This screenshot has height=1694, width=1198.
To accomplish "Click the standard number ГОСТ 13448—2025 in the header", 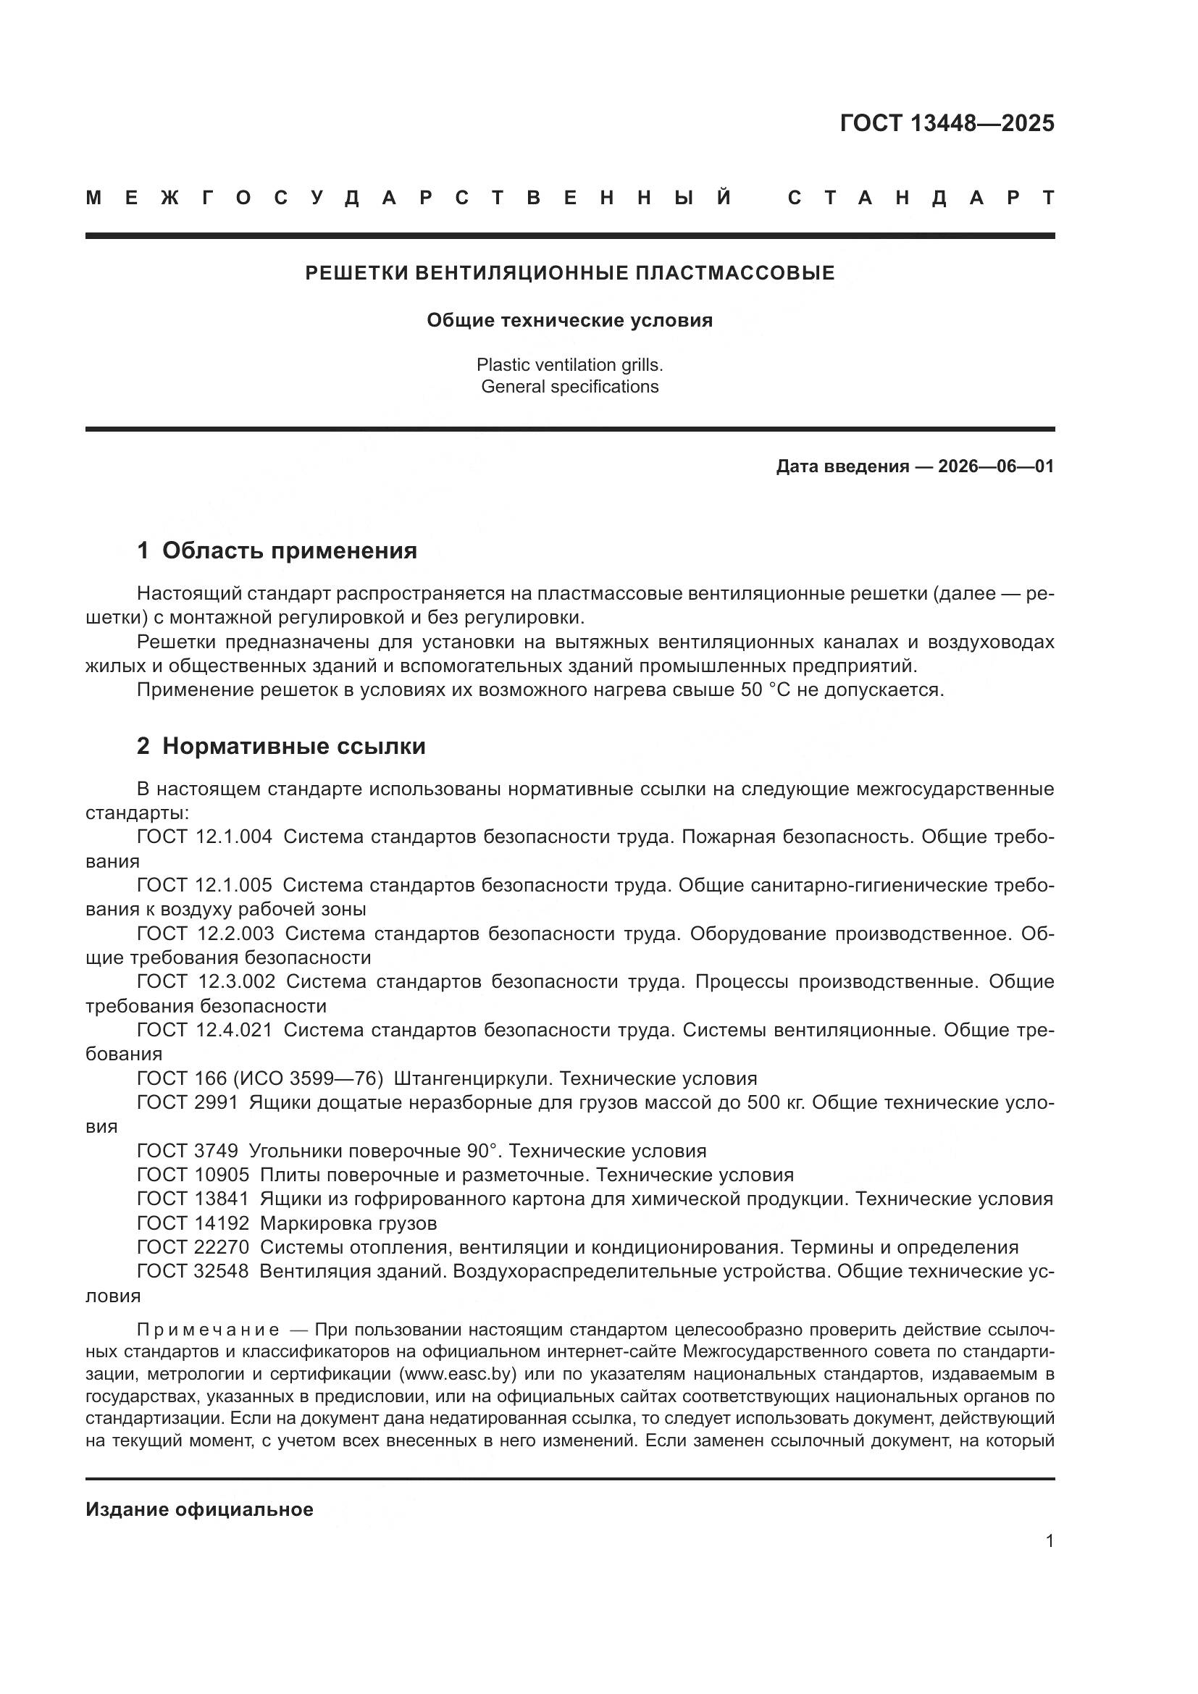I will tap(947, 123).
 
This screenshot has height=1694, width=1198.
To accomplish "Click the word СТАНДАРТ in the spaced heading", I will tap(921, 198).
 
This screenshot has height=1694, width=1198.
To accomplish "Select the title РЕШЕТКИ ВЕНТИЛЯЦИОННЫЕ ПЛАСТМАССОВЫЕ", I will tap(569, 273).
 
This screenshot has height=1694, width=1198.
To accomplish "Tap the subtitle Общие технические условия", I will tap(569, 320).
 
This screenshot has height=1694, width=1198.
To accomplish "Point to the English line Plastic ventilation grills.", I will tap(569, 364).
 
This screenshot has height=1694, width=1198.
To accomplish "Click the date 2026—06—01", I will tap(996, 466).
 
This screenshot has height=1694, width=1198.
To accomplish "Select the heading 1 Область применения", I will tap(277, 550).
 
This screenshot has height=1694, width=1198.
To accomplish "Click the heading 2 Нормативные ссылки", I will tap(281, 747).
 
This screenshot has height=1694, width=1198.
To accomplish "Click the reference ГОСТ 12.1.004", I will tap(204, 836).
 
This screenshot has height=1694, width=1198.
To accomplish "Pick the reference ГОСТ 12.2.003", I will tap(205, 934).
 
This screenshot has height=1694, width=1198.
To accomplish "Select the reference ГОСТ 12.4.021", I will tap(204, 1030).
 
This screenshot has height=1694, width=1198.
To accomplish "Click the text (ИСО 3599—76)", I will tap(308, 1078).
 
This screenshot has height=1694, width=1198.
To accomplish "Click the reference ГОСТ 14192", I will tap(193, 1223).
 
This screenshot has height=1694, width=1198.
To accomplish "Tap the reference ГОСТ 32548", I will tap(193, 1271).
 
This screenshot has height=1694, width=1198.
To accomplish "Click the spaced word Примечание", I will tap(208, 1330).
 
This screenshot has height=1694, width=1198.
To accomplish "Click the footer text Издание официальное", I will tap(199, 1509).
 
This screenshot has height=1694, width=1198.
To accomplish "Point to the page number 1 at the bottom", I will tap(1049, 1541).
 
